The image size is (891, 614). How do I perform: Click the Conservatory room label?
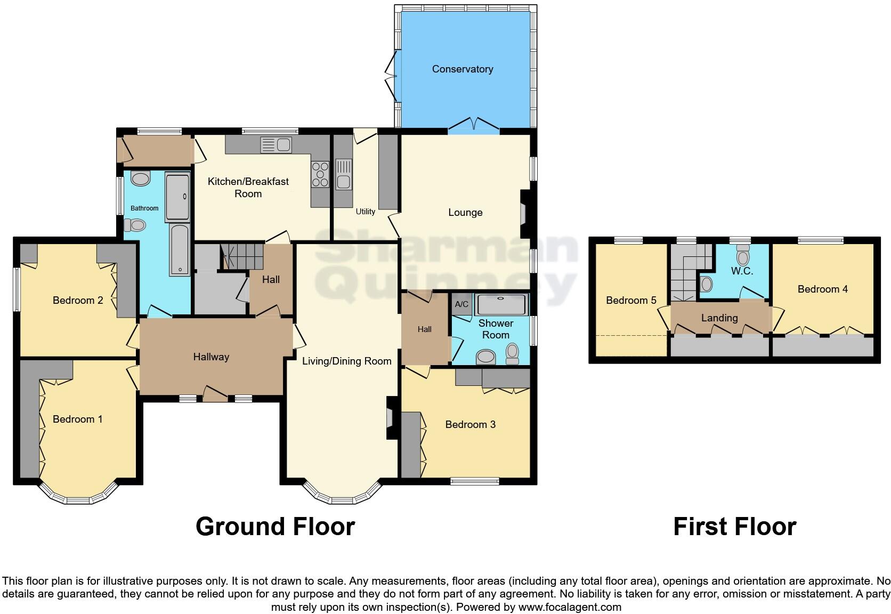coord(462,69)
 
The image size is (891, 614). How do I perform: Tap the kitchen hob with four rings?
coord(320,174)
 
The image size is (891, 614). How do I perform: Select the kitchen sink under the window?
coord(277,144)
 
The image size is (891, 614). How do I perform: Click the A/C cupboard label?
coord(461,304)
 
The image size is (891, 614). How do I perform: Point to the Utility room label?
coord(365,212)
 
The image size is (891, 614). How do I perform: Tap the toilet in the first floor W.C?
coord(742,256)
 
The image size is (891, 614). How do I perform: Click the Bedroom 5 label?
coord(630,300)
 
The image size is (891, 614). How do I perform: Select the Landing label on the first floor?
coord(719,318)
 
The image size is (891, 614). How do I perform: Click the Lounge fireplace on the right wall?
coord(524,214)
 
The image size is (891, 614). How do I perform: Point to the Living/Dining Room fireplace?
coord(391,417)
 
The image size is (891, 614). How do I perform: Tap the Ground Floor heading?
coord(275,527)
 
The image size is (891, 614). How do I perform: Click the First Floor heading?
coord(734,527)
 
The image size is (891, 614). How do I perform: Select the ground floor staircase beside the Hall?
coord(243,256)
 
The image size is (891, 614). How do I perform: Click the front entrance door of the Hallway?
coord(215,395)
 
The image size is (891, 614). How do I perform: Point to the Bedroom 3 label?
coord(470,424)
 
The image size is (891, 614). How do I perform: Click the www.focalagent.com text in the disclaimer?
coord(569,607)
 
